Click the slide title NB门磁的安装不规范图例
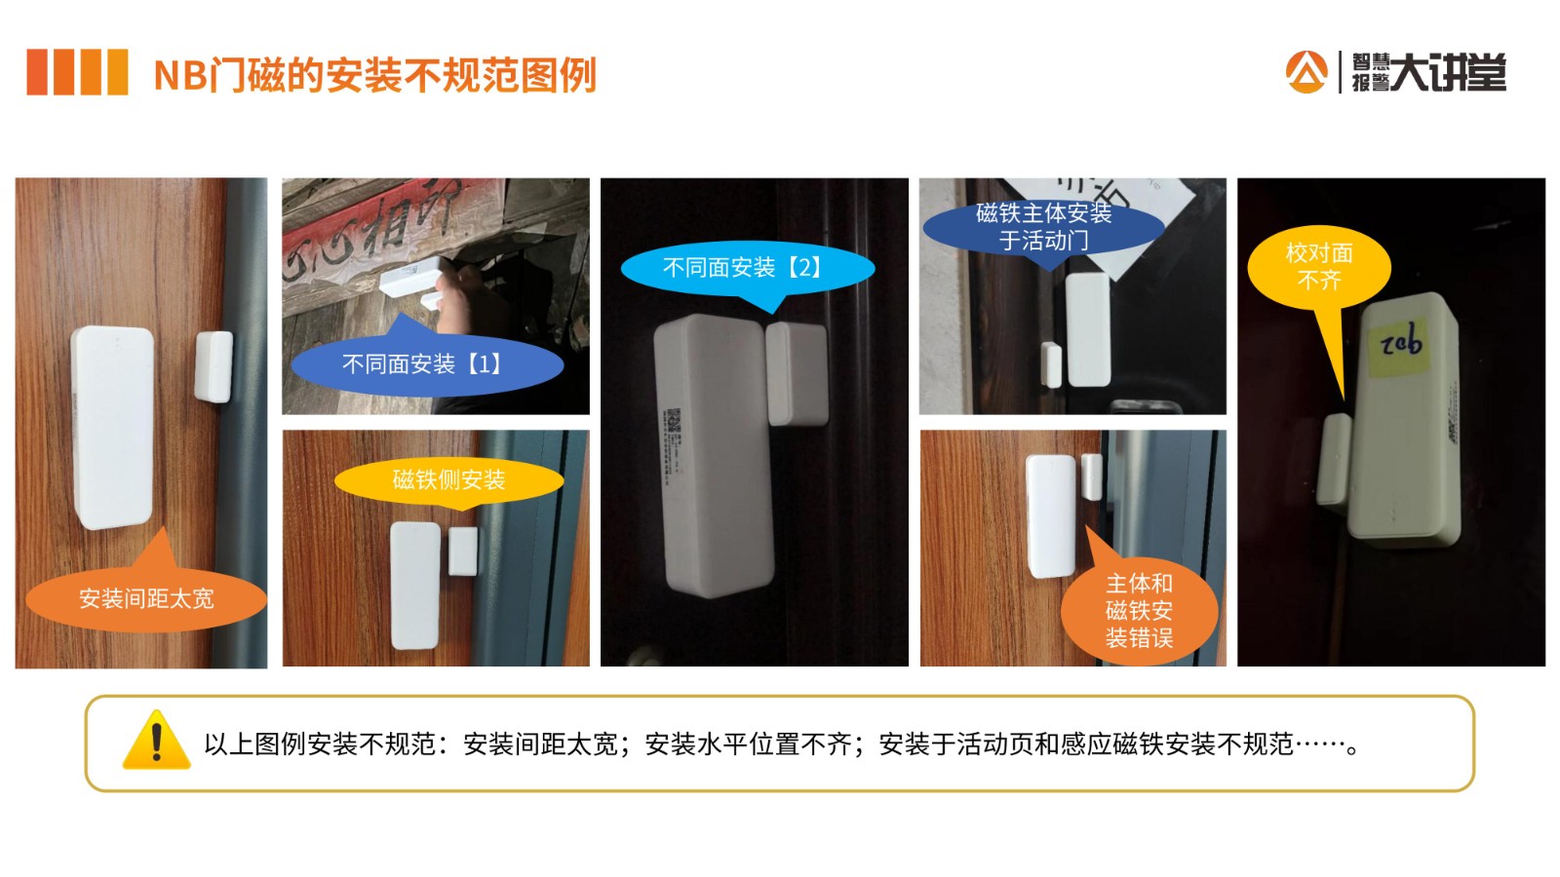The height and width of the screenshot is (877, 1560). pos(374,75)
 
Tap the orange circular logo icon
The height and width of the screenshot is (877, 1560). pos(1306,72)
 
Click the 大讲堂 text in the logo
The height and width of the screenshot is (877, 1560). pos(1448,72)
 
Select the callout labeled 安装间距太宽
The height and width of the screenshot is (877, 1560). pos(146,597)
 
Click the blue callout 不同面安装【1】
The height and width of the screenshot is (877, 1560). pos(426,364)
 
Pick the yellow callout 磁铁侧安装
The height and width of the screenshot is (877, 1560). pos(448,479)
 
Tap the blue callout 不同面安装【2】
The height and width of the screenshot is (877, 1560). pos(746,267)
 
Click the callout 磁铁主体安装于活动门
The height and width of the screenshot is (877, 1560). pos(1043,227)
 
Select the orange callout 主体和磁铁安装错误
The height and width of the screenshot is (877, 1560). pos(1139,611)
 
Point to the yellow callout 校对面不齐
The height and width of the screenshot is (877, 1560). pos(1319,267)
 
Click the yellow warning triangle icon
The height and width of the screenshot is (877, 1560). pos(156,741)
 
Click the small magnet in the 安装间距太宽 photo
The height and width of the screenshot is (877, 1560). pos(214,366)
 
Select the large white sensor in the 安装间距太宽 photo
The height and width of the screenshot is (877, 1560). pos(112,427)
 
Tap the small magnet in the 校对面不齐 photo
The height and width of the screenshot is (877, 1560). pos(1333,458)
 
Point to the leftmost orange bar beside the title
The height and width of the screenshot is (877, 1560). pos(37,72)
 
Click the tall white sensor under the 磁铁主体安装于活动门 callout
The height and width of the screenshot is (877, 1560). pos(1087,329)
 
